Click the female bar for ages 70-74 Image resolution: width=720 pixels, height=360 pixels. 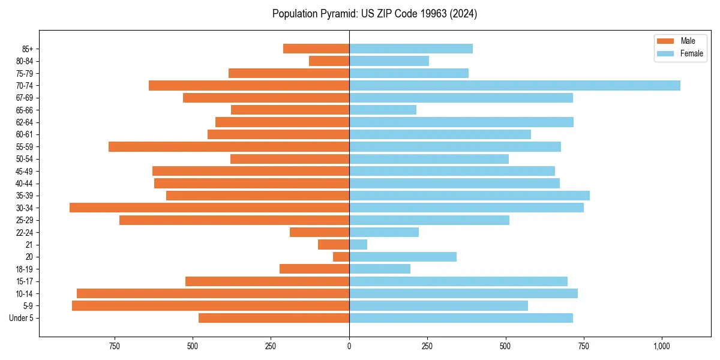click(515, 86)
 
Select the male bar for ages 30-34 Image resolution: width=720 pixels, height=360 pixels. click(209, 208)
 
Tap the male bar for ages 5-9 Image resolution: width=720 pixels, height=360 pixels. click(211, 305)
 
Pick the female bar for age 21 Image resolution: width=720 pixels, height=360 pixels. click(358, 245)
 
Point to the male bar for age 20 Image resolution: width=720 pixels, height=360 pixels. click(341, 257)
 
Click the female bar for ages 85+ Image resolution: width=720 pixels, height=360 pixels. click(411, 49)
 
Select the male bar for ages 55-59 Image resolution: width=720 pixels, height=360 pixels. click(229, 147)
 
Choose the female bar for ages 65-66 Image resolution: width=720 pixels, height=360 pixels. click(383, 110)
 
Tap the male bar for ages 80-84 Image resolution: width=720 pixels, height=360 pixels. click(329, 61)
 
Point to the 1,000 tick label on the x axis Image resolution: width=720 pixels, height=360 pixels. click(662, 346)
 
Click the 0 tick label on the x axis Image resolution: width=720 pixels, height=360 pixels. click(349, 346)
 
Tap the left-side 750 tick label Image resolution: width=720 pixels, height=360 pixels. click(114, 346)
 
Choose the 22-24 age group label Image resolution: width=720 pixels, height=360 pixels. click(25, 233)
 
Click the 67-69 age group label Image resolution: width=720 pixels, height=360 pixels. click(25, 98)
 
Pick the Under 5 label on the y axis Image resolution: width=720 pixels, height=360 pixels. click(22, 318)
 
